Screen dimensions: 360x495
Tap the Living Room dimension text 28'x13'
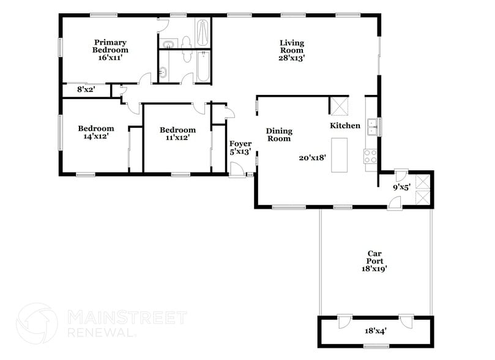pos(292,58)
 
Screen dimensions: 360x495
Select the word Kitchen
pos(345,126)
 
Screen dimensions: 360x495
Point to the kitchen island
pos(339,156)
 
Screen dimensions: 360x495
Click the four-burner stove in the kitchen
pos(371,156)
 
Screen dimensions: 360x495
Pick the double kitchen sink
pos(371,127)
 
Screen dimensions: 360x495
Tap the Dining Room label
pos(278,135)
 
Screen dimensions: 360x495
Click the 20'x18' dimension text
pos(312,157)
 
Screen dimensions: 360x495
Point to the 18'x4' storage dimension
pos(375,331)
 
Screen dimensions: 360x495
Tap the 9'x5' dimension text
pos(401,187)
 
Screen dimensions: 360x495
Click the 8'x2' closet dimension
pos(87,89)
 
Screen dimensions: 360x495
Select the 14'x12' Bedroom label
pos(95,133)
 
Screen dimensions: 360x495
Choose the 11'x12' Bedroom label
pos(177,133)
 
